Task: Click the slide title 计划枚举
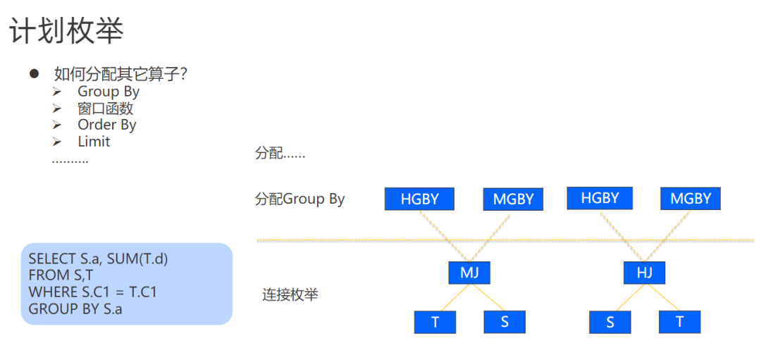click(x=66, y=31)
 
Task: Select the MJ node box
click(x=469, y=273)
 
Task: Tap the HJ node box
click(x=644, y=273)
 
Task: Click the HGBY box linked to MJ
click(x=419, y=199)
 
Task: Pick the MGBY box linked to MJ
click(x=513, y=199)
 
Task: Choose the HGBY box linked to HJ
click(x=600, y=198)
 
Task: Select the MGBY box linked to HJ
click(x=691, y=198)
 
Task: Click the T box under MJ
click(x=435, y=322)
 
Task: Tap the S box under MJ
click(x=505, y=322)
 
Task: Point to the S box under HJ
click(x=610, y=322)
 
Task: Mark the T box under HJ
click(x=679, y=322)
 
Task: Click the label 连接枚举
click(x=290, y=294)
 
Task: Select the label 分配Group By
click(x=299, y=199)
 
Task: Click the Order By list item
click(x=106, y=125)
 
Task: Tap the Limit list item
click(x=94, y=142)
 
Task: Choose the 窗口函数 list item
click(x=105, y=108)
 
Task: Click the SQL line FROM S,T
click(x=61, y=275)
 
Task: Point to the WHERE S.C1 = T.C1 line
click(x=92, y=292)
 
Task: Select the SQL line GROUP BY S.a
click(x=75, y=308)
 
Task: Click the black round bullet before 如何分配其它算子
click(x=33, y=73)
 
